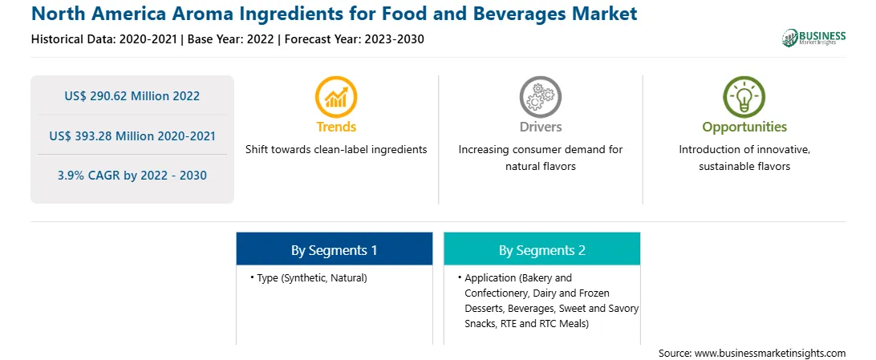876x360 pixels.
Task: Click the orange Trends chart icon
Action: pos(336,96)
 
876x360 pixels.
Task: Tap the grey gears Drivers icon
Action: pos(540,96)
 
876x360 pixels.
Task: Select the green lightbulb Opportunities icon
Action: pos(744,96)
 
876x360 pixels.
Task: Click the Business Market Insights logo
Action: pos(814,38)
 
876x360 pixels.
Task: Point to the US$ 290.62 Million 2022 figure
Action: pos(132,95)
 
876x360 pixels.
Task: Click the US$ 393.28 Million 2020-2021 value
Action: pos(132,135)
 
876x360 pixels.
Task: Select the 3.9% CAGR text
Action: pos(132,176)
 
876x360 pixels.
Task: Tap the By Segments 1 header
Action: pos(334,250)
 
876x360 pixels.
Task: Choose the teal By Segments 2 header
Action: pos(542,250)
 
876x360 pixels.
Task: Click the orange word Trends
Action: pos(336,127)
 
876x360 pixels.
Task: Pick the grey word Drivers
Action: pos(540,127)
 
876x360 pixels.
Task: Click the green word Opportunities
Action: pos(744,127)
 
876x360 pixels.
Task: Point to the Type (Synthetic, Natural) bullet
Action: pos(309,277)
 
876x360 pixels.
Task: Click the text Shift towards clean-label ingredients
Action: pos(336,150)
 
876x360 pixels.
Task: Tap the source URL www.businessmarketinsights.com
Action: pos(771,353)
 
